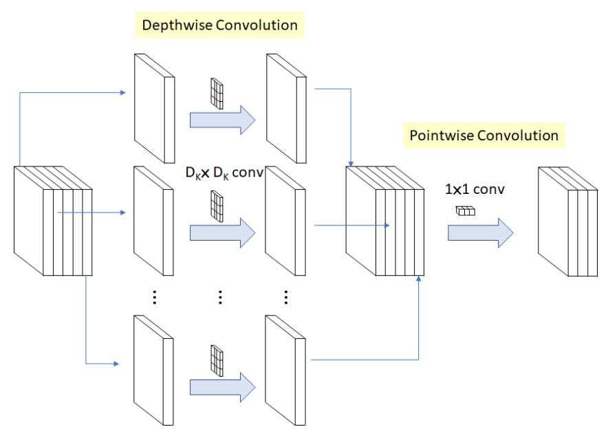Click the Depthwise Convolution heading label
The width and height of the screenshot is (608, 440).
click(x=219, y=25)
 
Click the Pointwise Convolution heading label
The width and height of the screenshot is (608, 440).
click(x=484, y=135)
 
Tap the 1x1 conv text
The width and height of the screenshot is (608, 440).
click(x=475, y=188)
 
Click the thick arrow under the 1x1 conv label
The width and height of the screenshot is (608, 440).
click(x=480, y=232)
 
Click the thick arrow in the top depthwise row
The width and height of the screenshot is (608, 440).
click(x=221, y=120)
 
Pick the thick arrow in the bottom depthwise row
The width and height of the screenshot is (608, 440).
click(x=221, y=387)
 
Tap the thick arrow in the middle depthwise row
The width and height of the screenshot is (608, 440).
click(x=221, y=232)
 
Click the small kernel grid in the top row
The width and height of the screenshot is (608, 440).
click(x=217, y=94)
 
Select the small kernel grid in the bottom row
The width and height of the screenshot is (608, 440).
click(x=217, y=362)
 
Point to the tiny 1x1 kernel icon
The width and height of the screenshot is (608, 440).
click(x=466, y=211)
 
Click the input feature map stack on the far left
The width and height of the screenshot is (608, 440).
click(x=52, y=220)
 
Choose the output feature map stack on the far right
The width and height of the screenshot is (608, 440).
click(x=567, y=220)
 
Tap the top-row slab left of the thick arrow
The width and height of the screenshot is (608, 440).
click(x=153, y=109)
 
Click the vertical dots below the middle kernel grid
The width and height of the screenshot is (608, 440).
click(x=220, y=297)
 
